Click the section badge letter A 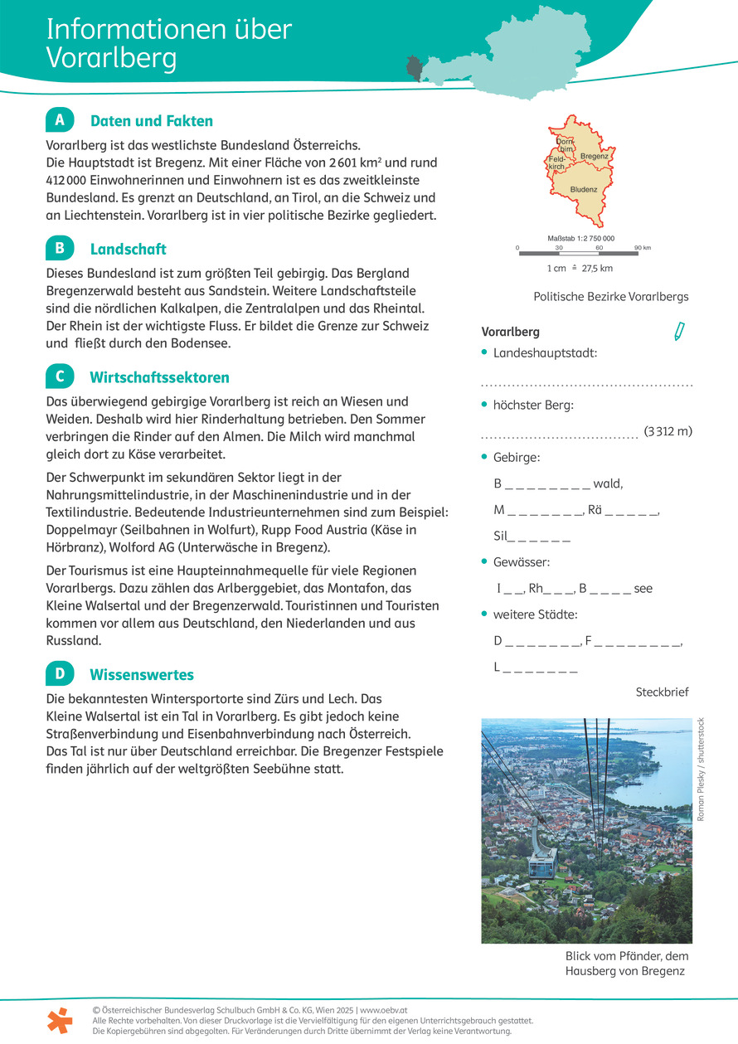[x=60, y=120]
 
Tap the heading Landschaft [x=128, y=249]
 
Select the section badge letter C [x=60, y=376]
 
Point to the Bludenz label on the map [x=584, y=189]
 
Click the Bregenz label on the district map [x=594, y=156]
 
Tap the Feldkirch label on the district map [x=556, y=163]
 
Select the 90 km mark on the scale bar [x=642, y=248]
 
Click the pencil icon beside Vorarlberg [x=679, y=332]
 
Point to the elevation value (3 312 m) [x=668, y=431]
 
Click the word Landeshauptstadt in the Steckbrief [x=545, y=353]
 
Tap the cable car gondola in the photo [x=542, y=860]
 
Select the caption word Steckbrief [x=662, y=692]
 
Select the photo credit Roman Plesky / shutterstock [x=701, y=770]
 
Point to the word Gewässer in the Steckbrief [x=521, y=562]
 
